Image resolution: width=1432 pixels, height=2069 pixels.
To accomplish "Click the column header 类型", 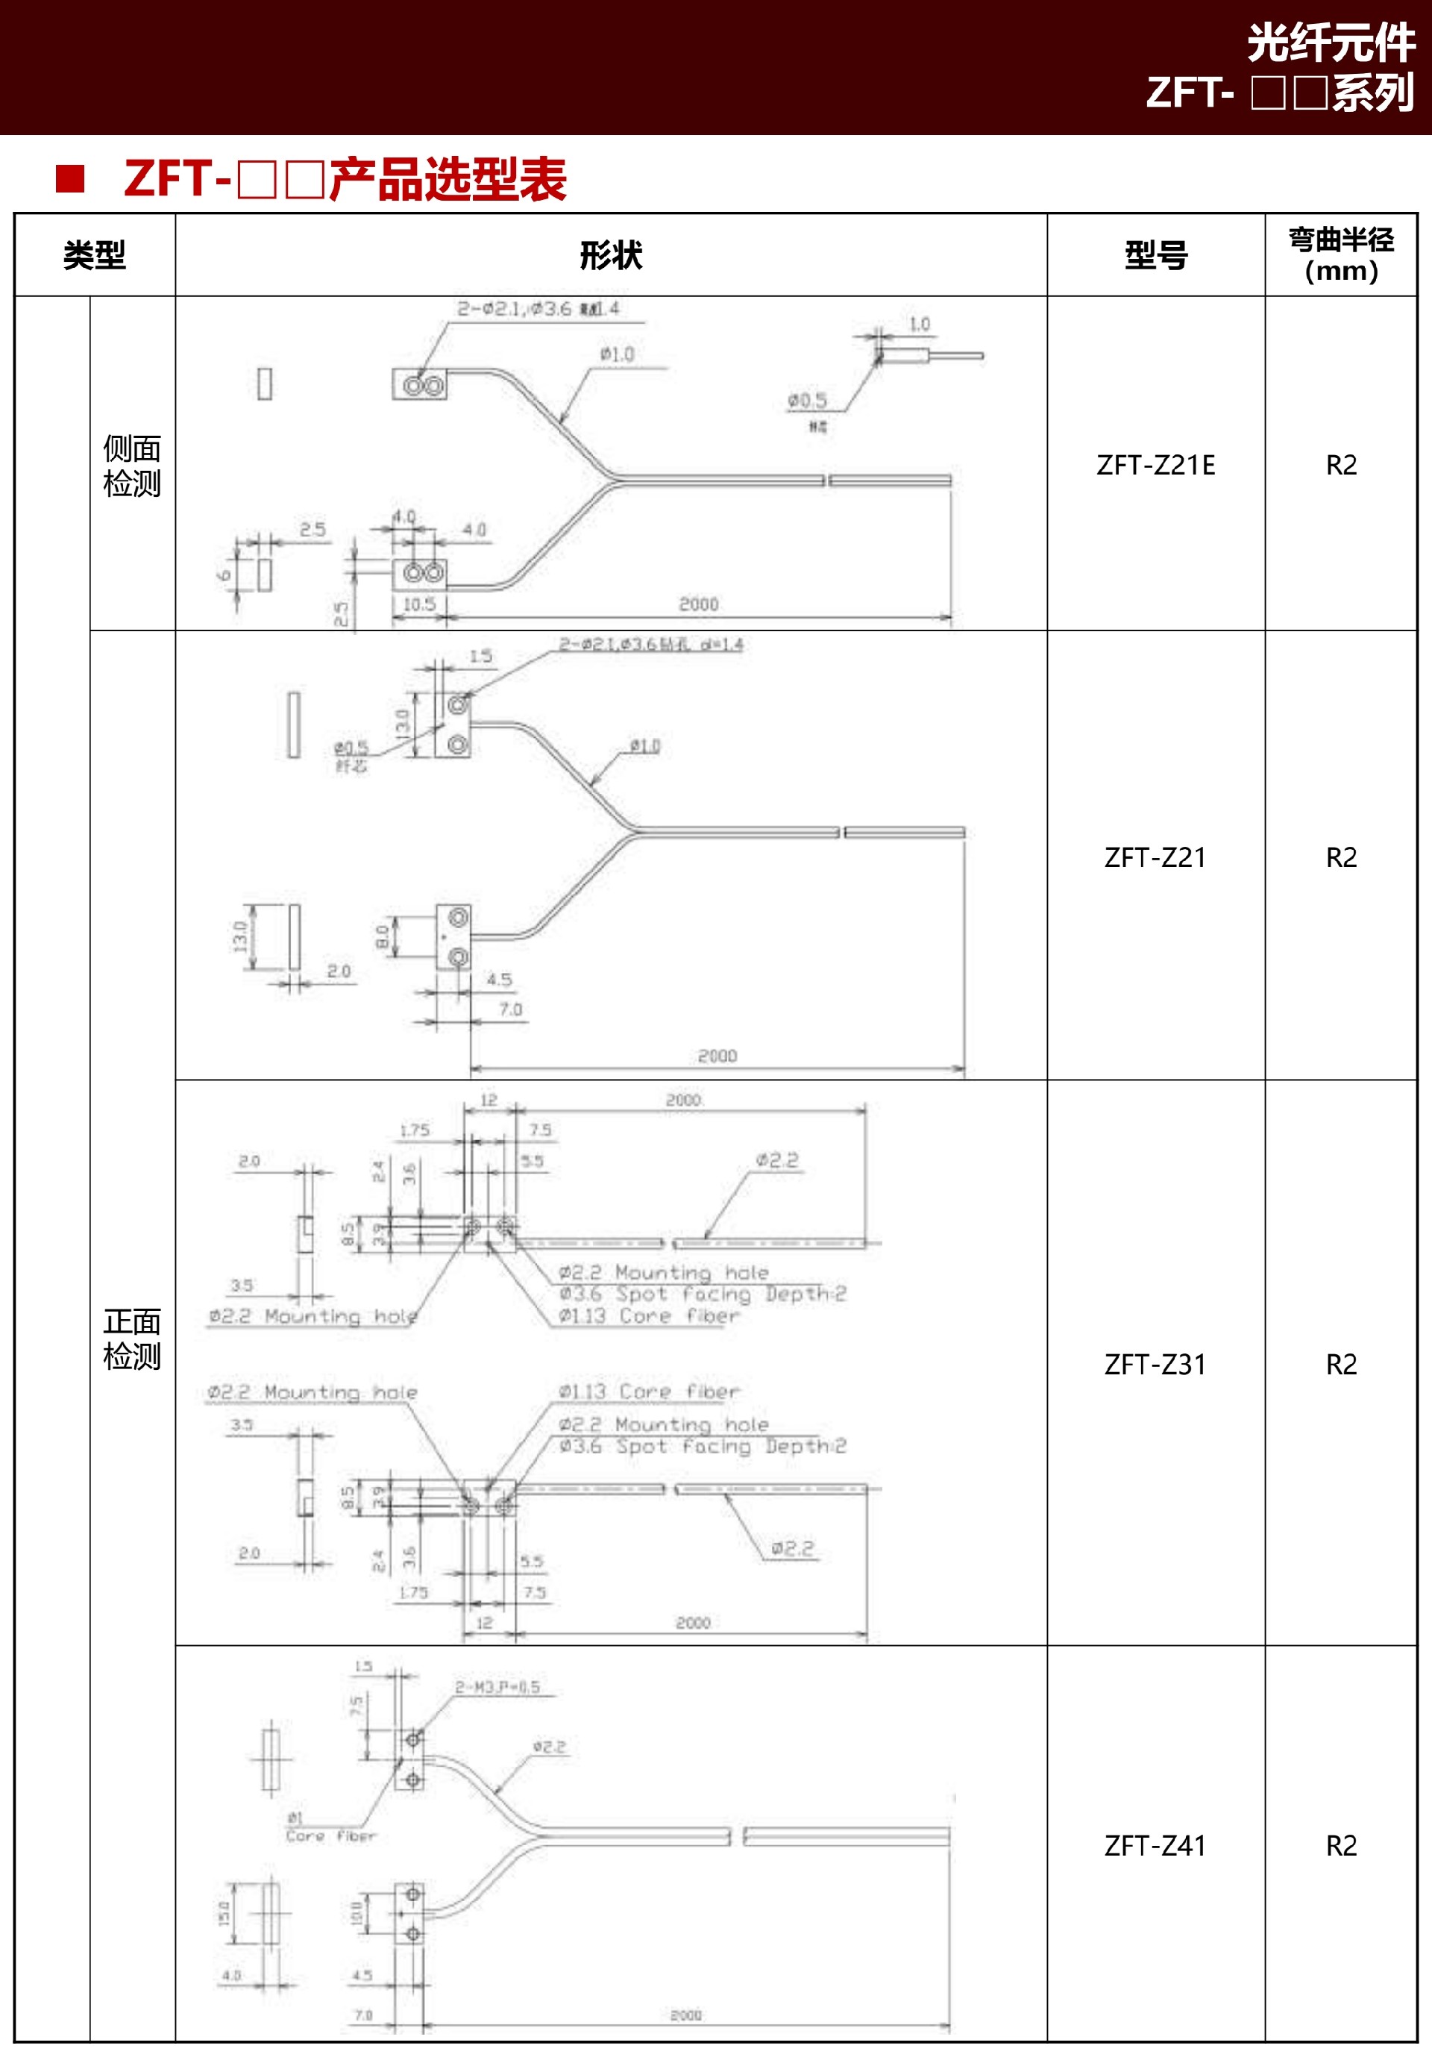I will pos(94,256).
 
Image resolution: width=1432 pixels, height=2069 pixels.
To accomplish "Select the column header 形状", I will pos(611,256).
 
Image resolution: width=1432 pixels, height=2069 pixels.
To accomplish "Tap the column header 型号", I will pos(1155,256).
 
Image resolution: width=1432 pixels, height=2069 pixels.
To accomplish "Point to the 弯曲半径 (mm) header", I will pos(1340,255).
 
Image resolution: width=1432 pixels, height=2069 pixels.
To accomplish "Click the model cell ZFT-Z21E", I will pos(1155,465).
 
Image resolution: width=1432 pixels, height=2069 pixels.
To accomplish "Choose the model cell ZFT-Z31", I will pos(1155,1365).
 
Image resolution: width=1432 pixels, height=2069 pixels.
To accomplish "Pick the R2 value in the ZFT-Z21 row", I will pos(1340,857).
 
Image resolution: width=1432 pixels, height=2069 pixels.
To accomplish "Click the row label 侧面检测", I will pos(132,465).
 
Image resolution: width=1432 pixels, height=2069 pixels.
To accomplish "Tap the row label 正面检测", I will pos(132,1339).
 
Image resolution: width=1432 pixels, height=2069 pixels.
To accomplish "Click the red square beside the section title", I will pos(70,178).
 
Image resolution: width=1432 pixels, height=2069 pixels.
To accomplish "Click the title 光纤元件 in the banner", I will pos(1331,43).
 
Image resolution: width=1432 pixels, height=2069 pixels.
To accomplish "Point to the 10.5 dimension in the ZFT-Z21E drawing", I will pos(419,604).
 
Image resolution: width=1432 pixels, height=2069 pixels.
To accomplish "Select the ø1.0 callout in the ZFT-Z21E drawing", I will pos(618,354).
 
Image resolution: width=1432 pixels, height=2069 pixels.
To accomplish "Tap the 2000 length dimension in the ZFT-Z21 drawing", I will pos(717,1056).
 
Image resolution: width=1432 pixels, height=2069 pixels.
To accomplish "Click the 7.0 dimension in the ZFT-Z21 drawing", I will pos(511,1010).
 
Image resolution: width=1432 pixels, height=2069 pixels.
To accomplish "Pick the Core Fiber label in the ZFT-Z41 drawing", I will pos(330,1836).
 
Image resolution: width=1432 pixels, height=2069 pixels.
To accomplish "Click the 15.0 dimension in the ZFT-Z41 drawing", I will pos(224,1913).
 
